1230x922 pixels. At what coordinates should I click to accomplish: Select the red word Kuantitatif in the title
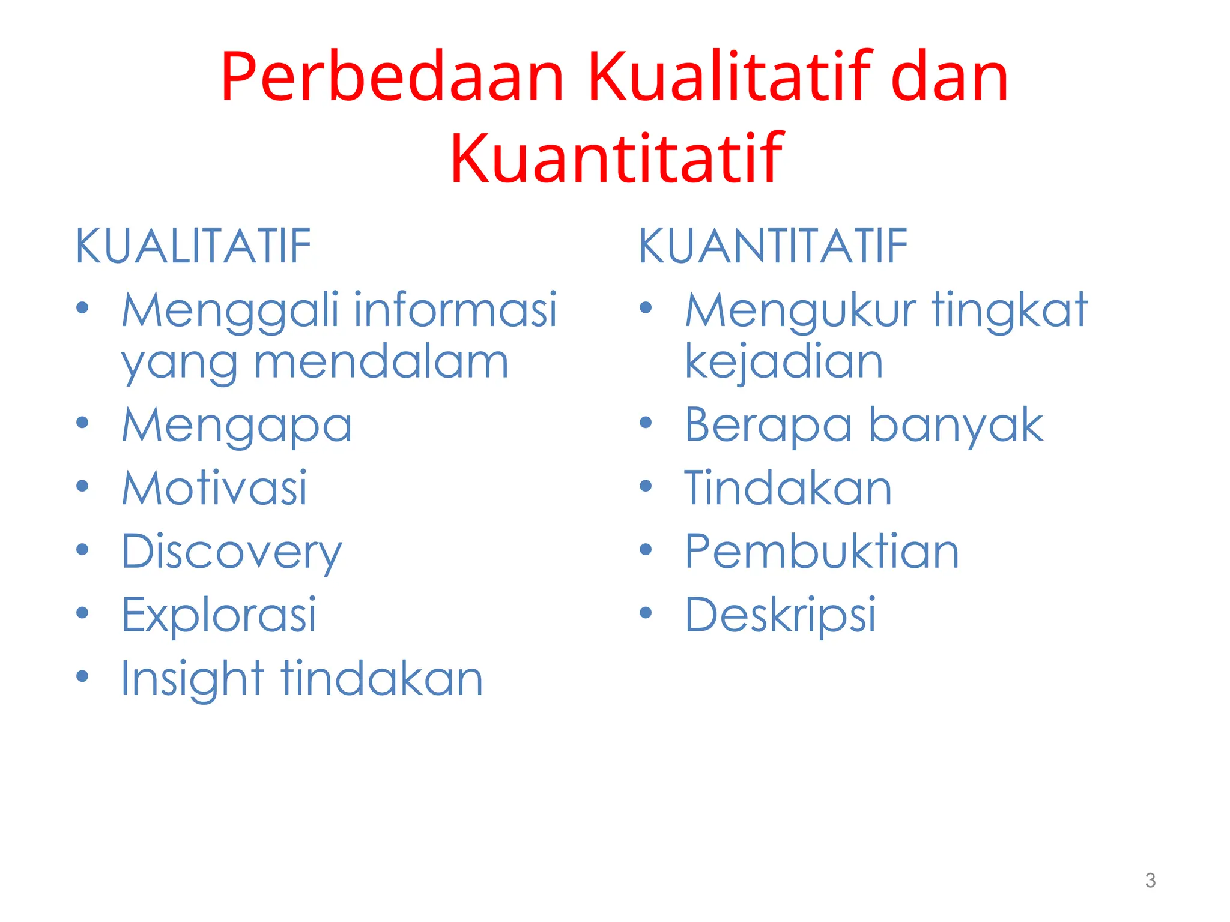(x=616, y=158)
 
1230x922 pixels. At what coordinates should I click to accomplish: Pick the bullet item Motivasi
(x=214, y=487)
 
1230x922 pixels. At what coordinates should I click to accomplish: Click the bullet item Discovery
(x=231, y=552)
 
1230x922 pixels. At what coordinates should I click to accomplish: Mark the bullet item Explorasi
(x=219, y=615)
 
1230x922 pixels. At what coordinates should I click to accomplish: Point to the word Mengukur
(x=800, y=311)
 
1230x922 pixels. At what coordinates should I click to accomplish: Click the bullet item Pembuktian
(x=822, y=551)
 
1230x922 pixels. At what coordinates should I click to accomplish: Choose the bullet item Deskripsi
(x=780, y=615)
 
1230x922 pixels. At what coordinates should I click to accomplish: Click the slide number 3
(x=1150, y=881)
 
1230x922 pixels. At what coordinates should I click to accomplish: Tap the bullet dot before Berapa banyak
(x=646, y=423)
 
